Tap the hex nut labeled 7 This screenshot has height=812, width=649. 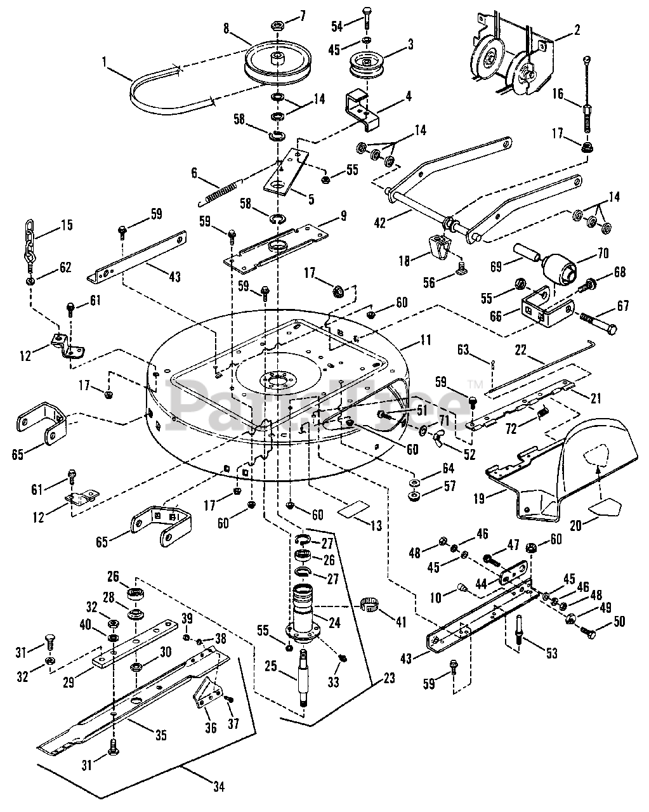click(x=277, y=26)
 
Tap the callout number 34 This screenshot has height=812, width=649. click(x=218, y=788)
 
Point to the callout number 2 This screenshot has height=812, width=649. click(x=577, y=29)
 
